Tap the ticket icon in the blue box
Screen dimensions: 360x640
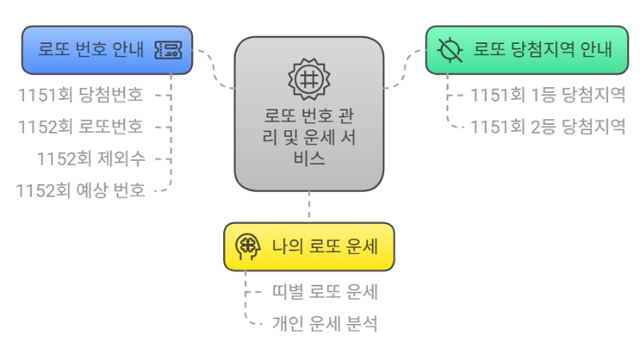[168, 50]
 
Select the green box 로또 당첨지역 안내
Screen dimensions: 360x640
[520, 50]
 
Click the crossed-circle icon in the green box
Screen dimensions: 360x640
[450, 50]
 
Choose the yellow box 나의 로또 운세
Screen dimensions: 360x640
[309, 246]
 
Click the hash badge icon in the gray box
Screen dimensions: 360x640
[308, 78]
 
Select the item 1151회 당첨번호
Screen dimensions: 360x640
[81, 95]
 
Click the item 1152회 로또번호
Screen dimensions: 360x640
[81, 126]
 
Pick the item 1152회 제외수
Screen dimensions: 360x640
[90, 158]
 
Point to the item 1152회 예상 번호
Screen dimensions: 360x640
[81, 190]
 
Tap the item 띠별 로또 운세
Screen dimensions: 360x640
[325, 292]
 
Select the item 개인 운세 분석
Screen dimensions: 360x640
[325, 324]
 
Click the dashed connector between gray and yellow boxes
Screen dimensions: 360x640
[309, 206]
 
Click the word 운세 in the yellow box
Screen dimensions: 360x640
[364, 246]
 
